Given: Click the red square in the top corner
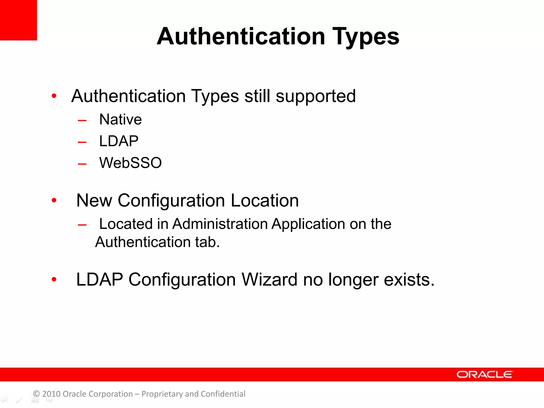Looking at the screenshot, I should pyautogui.click(x=18, y=20).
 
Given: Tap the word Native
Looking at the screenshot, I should pyautogui.click(x=120, y=119).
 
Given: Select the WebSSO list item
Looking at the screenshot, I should pyautogui.click(x=130, y=163).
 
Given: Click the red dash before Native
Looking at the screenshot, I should pyautogui.click(x=82, y=121).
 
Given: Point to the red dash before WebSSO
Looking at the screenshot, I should pyautogui.click(x=82, y=164).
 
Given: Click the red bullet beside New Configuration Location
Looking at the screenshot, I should pyautogui.click(x=54, y=200).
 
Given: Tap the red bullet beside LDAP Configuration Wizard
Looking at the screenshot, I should pyautogui.click(x=54, y=279).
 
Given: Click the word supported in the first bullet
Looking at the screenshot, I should pyautogui.click(x=316, y=96).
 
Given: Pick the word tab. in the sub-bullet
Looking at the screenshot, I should pyautogui.click(x=207, y=242).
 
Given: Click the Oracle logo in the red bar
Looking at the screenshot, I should pyautogui.click(x=484, y=375).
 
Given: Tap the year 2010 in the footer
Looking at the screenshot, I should pyautogui.click(x=51, y=394).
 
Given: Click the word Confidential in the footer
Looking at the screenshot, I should pyautogui.click(x=223, y=394).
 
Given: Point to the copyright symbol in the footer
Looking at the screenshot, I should pyautogui.click(x=36, y=394).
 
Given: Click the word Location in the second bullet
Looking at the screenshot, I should pyautogui.click(x=265, y=201).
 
